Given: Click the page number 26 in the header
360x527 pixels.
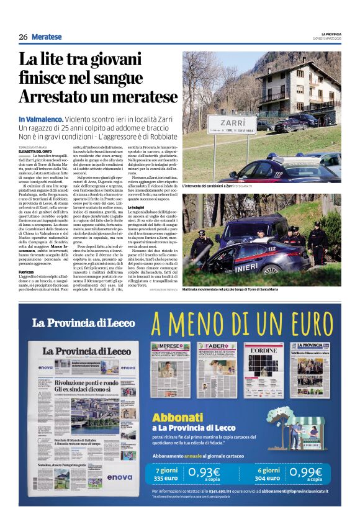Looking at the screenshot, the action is coord(23,37).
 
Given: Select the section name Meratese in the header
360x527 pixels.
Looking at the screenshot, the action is coord(47,37).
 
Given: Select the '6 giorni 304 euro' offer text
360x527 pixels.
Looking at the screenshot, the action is coord(268,473).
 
